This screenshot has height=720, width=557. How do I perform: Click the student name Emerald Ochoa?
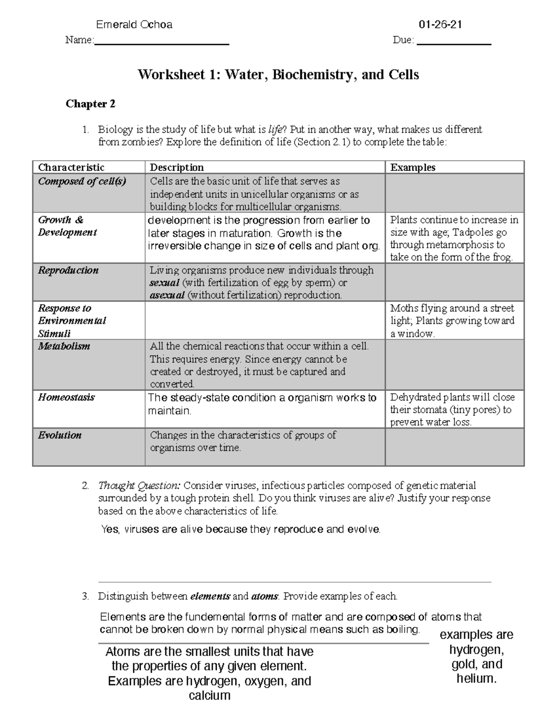134,25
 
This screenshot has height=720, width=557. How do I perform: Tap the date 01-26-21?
440,25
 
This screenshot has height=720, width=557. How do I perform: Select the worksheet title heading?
278,75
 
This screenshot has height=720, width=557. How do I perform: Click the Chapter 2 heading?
90,104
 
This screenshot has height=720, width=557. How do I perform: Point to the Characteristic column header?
71,167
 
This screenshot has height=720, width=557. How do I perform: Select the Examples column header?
413,167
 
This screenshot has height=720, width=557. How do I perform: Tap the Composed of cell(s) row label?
82,181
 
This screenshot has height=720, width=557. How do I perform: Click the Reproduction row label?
68,270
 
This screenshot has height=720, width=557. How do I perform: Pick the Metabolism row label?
64,346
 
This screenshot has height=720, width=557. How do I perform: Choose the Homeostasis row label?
66,397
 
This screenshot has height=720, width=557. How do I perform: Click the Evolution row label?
60,435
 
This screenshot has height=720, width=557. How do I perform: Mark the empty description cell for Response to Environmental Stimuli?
265,320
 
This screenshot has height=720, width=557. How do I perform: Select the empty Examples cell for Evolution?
454,447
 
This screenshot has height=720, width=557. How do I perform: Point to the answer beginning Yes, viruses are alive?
240,529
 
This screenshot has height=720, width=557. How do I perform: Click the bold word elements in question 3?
210,597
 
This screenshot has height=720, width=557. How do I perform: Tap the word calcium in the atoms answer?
209,695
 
